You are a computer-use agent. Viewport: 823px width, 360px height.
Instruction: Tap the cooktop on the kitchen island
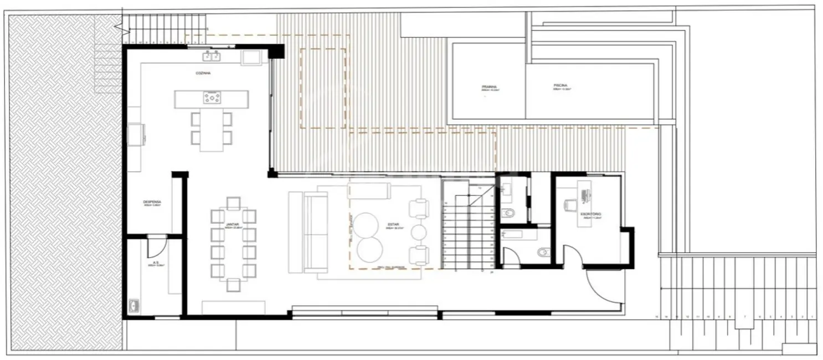[213, 98]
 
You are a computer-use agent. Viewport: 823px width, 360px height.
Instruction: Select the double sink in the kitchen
[212, 55]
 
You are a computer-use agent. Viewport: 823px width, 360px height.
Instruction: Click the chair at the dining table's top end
[233, 202]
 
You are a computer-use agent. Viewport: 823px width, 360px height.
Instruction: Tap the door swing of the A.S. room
[157, 243]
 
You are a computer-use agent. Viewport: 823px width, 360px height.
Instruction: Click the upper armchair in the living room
[418, 209]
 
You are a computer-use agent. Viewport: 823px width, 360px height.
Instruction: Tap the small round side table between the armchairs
[419, 232]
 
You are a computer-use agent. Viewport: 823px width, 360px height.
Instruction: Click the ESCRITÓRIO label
[591, 214]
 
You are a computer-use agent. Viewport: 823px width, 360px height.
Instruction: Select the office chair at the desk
[570, 205]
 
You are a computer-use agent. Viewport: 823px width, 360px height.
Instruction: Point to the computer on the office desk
[586, 194]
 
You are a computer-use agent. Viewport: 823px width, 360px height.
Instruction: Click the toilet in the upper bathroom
[507, 213]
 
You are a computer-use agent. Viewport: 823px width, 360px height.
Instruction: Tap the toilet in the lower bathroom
[543, 253]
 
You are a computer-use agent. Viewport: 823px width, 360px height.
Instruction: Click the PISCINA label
[560, 86]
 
